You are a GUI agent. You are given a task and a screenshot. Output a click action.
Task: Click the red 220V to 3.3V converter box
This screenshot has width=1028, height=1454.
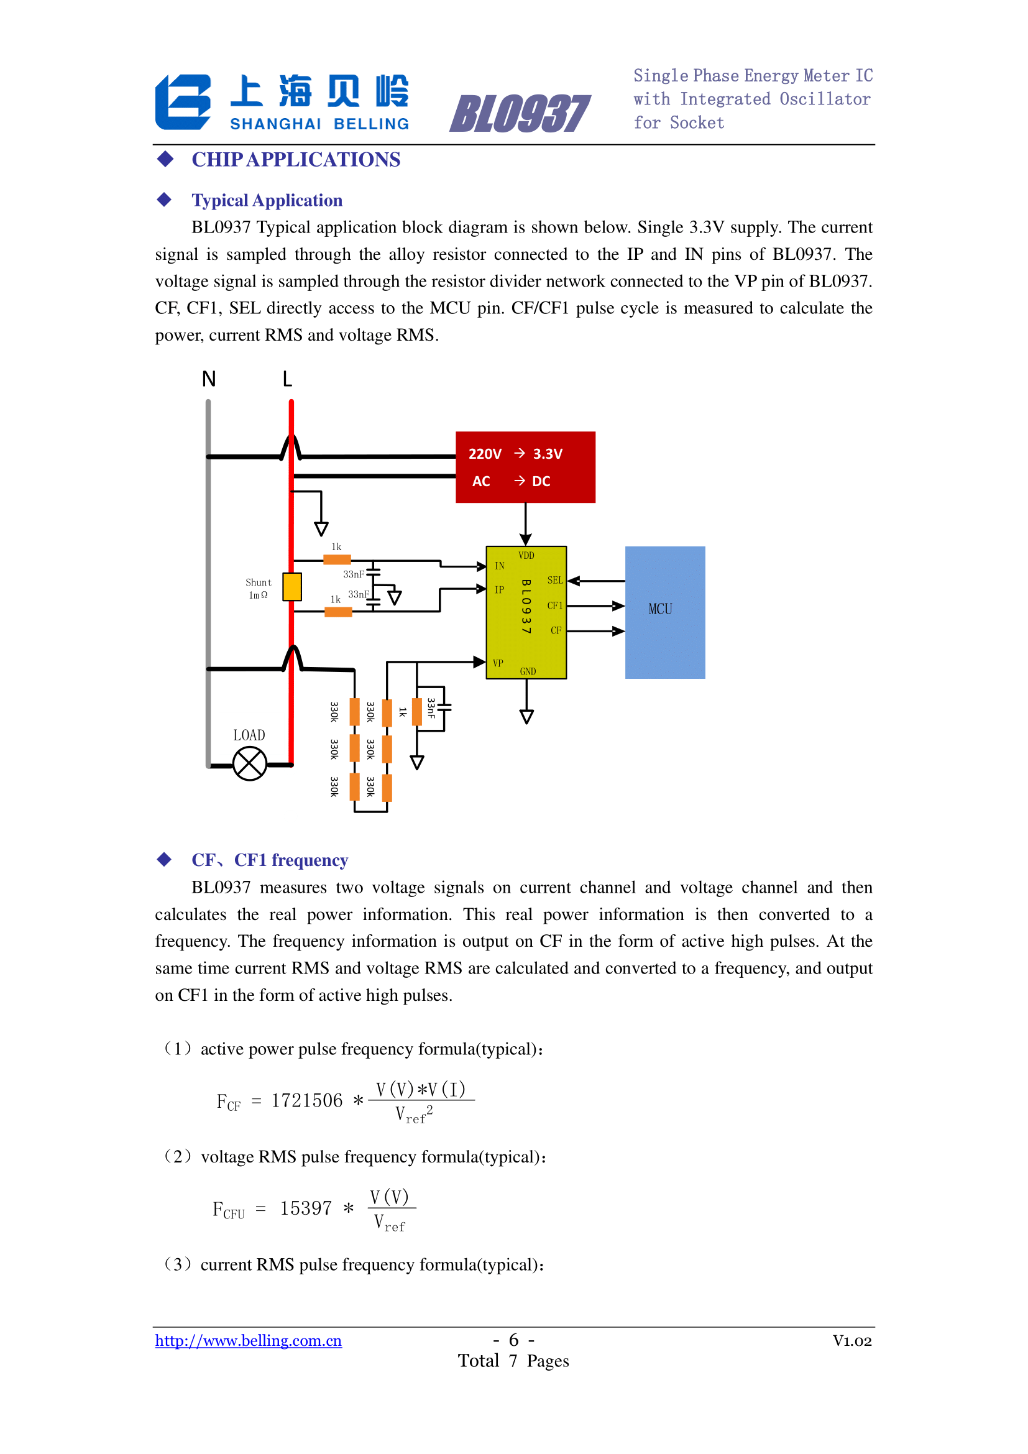525,467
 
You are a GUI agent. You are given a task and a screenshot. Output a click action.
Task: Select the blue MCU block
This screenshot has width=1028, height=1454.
664,612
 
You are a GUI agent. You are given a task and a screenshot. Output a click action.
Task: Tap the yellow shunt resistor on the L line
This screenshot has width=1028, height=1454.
292,586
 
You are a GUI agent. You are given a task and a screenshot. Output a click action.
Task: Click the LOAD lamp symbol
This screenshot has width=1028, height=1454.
249,764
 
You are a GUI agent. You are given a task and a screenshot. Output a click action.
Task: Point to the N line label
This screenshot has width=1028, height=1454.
209,379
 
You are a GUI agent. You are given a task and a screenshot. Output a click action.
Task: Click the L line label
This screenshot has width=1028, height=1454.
287,379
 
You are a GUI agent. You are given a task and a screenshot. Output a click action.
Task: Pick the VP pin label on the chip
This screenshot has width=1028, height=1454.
498,663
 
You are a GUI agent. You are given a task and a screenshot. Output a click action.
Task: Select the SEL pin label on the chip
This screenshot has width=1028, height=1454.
555,580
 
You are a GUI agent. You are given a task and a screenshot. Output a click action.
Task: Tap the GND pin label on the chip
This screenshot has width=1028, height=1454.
528,671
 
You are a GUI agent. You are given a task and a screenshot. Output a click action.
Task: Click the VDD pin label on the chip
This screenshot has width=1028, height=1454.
526,555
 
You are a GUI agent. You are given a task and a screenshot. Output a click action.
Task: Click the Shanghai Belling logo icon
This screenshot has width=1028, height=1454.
183,102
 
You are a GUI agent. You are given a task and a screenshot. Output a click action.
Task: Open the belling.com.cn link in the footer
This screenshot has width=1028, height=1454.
248,1341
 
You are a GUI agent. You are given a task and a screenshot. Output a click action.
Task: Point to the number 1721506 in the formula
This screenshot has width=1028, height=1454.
307,1101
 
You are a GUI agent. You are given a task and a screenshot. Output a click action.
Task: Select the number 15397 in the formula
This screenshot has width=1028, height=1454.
306,1208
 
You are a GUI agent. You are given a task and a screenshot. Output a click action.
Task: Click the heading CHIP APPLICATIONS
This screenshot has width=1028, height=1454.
296,160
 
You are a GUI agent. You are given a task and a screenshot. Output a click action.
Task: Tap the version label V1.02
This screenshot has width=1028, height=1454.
852,1341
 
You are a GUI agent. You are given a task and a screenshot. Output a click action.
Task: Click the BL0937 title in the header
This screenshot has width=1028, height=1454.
520,114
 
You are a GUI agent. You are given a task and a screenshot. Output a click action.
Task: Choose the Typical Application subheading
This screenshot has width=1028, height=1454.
267,200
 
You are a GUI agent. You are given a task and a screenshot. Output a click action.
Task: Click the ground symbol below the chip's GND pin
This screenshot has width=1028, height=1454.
526,717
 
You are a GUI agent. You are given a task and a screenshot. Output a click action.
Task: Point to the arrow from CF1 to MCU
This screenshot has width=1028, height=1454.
595,606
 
